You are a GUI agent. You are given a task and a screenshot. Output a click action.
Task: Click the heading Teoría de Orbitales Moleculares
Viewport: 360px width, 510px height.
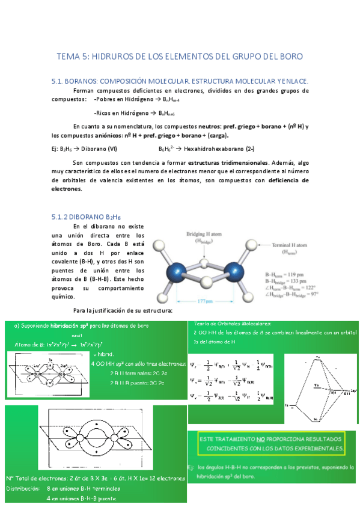pyautogui.click(x=233, y=323)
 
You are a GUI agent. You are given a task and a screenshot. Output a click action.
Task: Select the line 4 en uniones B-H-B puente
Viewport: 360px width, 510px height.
pyautogui.click(x=81, y=499)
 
